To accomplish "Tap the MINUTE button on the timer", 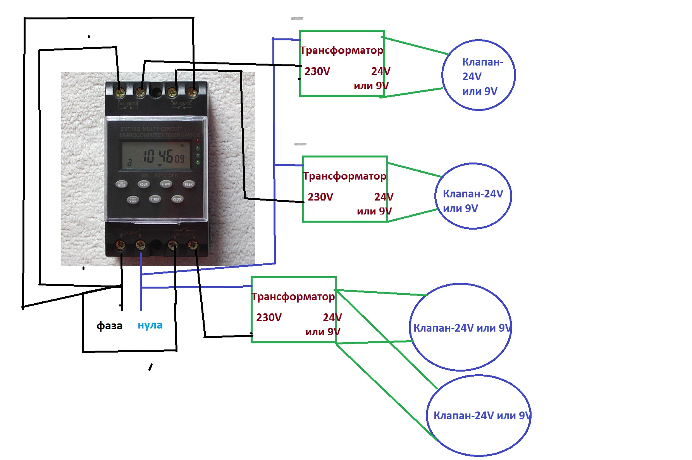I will click(166, 184).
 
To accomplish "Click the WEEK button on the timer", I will click(188, 184).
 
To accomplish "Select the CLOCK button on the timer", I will click(177, 199).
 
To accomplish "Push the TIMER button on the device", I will click(155, 199).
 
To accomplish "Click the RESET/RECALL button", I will click(122, 184).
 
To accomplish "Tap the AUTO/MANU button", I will click(133, 200).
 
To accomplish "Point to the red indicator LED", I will click(198, 141).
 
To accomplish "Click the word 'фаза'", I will click(109, 325).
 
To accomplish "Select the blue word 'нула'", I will click(150, 325).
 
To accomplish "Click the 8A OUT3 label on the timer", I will click(128, 104).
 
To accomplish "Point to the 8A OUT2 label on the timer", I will click(181, 104).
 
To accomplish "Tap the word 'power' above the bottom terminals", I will click(131, 232).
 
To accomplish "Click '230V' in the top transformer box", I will click(317, 71).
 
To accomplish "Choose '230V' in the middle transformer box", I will click(320, 197).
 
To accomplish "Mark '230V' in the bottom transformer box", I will click(269, 318).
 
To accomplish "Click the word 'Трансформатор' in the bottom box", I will click(293, 297).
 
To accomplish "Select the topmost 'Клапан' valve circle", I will click(479, 75).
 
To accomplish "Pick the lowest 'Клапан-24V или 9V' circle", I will click(479, 416).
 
